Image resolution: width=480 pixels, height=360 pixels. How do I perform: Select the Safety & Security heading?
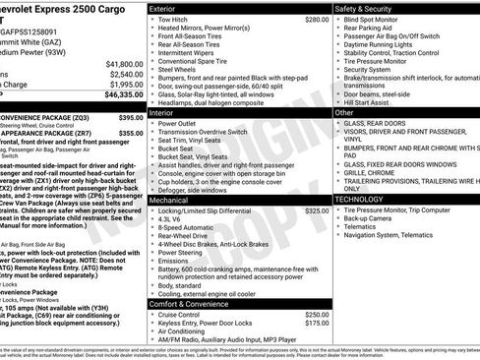click(x=366, y=8)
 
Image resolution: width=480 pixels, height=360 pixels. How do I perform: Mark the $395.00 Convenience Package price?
click(x=131, y=117)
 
